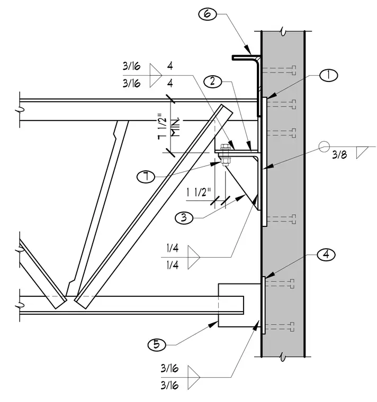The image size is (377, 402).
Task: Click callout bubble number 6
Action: (x=208, y=14)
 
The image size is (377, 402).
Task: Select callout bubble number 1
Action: (x=328, y=75)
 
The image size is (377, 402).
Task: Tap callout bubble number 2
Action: (x=212, y=81)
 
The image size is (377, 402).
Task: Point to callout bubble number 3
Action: (x=184, y=218)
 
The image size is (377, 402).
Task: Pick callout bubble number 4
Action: (x=326, y=254)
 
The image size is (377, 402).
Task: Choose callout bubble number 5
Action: (x=157, y=344)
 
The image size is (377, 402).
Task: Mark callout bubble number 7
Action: (x=146, y=177)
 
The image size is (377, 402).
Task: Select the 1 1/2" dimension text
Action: (x=199, y=193)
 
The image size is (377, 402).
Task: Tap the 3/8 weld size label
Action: (x=339, y=154)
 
